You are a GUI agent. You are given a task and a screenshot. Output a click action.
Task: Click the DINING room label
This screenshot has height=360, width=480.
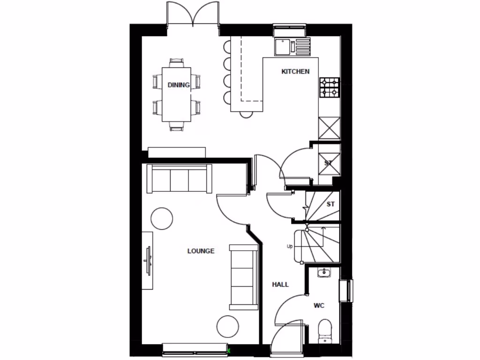coord(179,85)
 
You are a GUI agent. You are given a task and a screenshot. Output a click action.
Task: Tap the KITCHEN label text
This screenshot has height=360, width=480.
coord(295,72)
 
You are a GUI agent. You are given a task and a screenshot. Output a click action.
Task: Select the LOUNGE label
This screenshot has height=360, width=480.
coord(201,251)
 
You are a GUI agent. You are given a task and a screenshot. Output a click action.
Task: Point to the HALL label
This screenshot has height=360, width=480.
coord(280,285)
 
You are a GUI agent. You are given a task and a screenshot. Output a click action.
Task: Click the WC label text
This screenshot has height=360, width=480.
coord(319,306)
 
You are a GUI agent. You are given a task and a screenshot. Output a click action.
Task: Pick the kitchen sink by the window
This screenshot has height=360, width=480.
coord(285,46)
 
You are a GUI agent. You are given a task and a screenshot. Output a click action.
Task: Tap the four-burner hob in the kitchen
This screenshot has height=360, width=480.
coord(330,87)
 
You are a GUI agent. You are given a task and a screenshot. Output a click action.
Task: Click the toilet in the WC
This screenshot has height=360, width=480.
coord(324,331)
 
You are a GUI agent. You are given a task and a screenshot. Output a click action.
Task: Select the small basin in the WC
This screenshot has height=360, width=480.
coord(324,272)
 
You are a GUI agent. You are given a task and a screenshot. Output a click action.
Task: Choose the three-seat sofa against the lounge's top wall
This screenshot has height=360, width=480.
coord(180,179)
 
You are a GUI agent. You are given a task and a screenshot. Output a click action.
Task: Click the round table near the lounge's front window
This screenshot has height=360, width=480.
coord(228,327)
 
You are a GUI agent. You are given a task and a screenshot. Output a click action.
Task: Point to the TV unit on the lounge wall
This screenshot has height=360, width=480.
coord(148,260)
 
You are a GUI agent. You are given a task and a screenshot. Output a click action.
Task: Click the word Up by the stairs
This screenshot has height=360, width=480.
coord(290,246)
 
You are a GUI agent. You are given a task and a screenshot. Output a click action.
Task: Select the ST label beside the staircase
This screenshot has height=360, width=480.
coord(331,204)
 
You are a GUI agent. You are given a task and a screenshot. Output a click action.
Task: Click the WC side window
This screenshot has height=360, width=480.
coord(349,291)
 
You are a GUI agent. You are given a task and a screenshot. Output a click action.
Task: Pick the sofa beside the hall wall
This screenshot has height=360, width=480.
coord(243,277)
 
